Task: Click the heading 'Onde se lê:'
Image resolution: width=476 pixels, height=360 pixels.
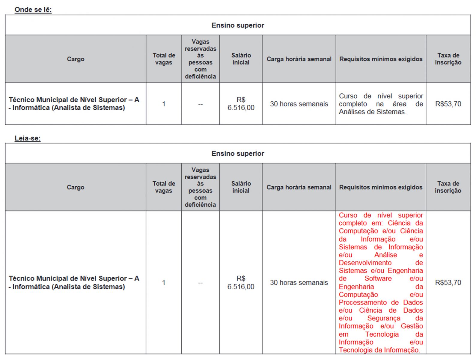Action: point(33,10)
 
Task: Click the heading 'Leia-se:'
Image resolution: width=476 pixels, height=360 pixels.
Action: point(28,138)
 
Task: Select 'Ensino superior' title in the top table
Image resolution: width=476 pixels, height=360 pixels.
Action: point(238,25)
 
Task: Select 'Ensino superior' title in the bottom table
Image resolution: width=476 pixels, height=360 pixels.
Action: point(238,154)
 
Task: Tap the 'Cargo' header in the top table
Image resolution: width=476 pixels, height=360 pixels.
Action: point(76,59)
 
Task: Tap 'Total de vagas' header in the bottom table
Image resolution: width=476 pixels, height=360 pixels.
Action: point(164,187)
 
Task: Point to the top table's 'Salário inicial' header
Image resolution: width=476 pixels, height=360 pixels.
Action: point(241,59)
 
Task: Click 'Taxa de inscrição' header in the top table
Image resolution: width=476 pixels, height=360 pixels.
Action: point(448,59)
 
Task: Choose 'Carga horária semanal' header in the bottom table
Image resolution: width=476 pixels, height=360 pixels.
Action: point(299,187)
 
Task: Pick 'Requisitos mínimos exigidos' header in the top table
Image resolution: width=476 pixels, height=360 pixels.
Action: point(381,59)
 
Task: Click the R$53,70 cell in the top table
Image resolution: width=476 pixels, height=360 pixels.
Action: point(448,104)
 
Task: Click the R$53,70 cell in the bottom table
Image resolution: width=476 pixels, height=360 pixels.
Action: point(448,283)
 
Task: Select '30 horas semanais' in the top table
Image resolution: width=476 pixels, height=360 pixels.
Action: point(299,104)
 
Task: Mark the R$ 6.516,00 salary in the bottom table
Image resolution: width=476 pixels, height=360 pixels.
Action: point(241,283)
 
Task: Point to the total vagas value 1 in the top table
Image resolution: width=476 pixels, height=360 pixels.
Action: point(164,104)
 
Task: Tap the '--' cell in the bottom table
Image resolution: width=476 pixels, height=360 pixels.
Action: point(200,283)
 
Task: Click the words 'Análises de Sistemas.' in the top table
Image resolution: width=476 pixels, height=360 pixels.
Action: point(373,112)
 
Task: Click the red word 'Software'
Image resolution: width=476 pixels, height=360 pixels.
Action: point(378,278)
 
